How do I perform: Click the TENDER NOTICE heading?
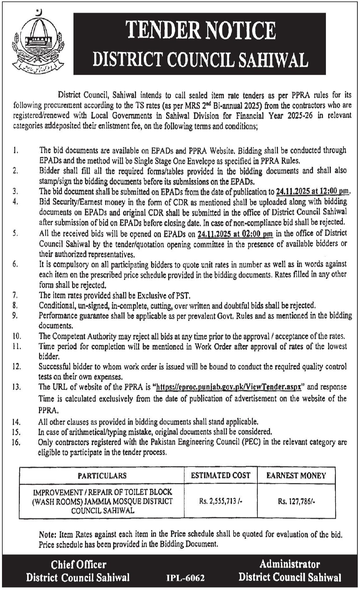[x=200, y=30]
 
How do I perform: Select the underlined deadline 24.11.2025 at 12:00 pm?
[x=313, y=191]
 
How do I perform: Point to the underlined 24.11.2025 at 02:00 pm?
[x=235, y=234]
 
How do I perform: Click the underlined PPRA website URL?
[x=228, y=387]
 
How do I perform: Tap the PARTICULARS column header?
[x=102, y=475]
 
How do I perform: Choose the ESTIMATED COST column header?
[x=220, y=475]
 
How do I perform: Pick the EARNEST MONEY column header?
[x=296, y=475]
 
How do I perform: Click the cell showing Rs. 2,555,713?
[x=220, y=502]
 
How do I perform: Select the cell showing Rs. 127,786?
[x=296, y=502]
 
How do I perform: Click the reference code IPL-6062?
[x=185, y=578]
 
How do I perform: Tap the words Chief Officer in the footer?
[x=78, y=564]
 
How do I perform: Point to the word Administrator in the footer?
[x=290, y=564]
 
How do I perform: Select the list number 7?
[x=15, y=295]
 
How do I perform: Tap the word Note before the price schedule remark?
[x=48, y=534]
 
